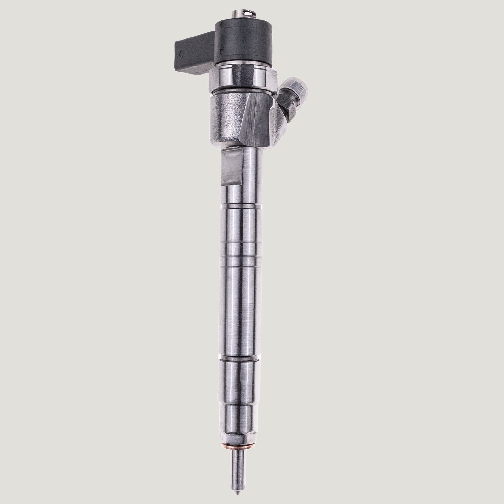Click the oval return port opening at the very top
pos(247,5)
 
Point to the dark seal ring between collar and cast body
pos(241,91)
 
